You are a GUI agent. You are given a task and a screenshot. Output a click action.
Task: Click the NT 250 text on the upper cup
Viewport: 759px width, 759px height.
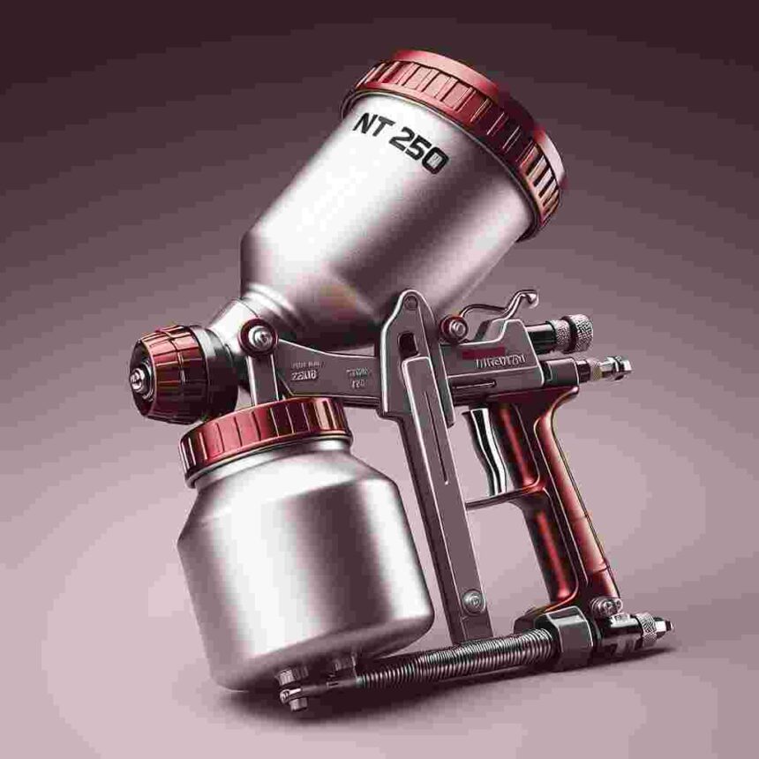pyautogui.click(x=399, y=142)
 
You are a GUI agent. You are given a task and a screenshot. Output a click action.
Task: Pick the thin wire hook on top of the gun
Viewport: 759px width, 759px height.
pyautogui.click(x=499, y=304)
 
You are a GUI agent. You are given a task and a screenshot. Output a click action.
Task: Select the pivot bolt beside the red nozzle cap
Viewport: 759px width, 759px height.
pyautogui.click(x=261, y=338)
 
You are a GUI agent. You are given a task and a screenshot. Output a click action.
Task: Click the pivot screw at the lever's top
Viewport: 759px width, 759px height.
pyautogui.click(x=455, y=329)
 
